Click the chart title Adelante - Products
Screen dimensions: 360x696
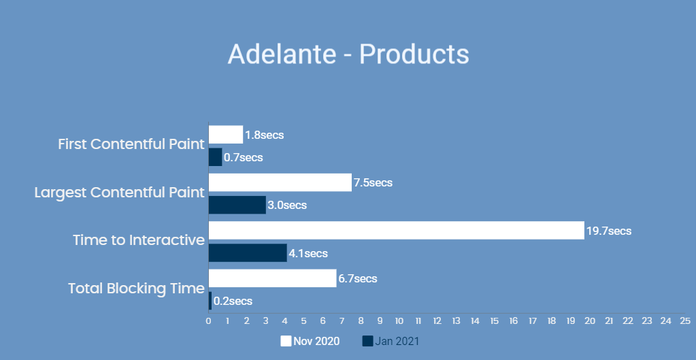click(348, 54)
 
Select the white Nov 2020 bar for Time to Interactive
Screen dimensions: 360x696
click(396, 231)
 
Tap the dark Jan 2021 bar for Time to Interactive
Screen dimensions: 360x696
click(248, 253)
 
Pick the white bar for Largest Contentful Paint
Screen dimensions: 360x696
click(280, 182)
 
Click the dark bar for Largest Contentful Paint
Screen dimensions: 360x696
click(237, 205)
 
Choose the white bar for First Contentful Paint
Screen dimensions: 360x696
click(225, 135)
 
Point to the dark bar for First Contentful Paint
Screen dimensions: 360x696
click(215, 157)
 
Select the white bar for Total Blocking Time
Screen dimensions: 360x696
click(272, 278)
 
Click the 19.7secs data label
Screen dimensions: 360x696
click(609, 231)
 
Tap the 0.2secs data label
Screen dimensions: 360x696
click(233, 301)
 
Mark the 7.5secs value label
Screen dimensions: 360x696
click(373, 183)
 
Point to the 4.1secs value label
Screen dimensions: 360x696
click(308, 254)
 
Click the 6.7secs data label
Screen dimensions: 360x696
click(358, 278)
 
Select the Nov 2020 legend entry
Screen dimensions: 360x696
click(310, 341)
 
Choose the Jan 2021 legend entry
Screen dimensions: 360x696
click(391, 341)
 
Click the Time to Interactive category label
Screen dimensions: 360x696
click(139, 240)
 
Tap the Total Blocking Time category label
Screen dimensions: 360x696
click(136, 289)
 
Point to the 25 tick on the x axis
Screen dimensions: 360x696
click(685, 321)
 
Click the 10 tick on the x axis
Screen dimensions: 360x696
click(399, 321)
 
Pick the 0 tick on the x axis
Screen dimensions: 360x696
click(208, 321)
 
